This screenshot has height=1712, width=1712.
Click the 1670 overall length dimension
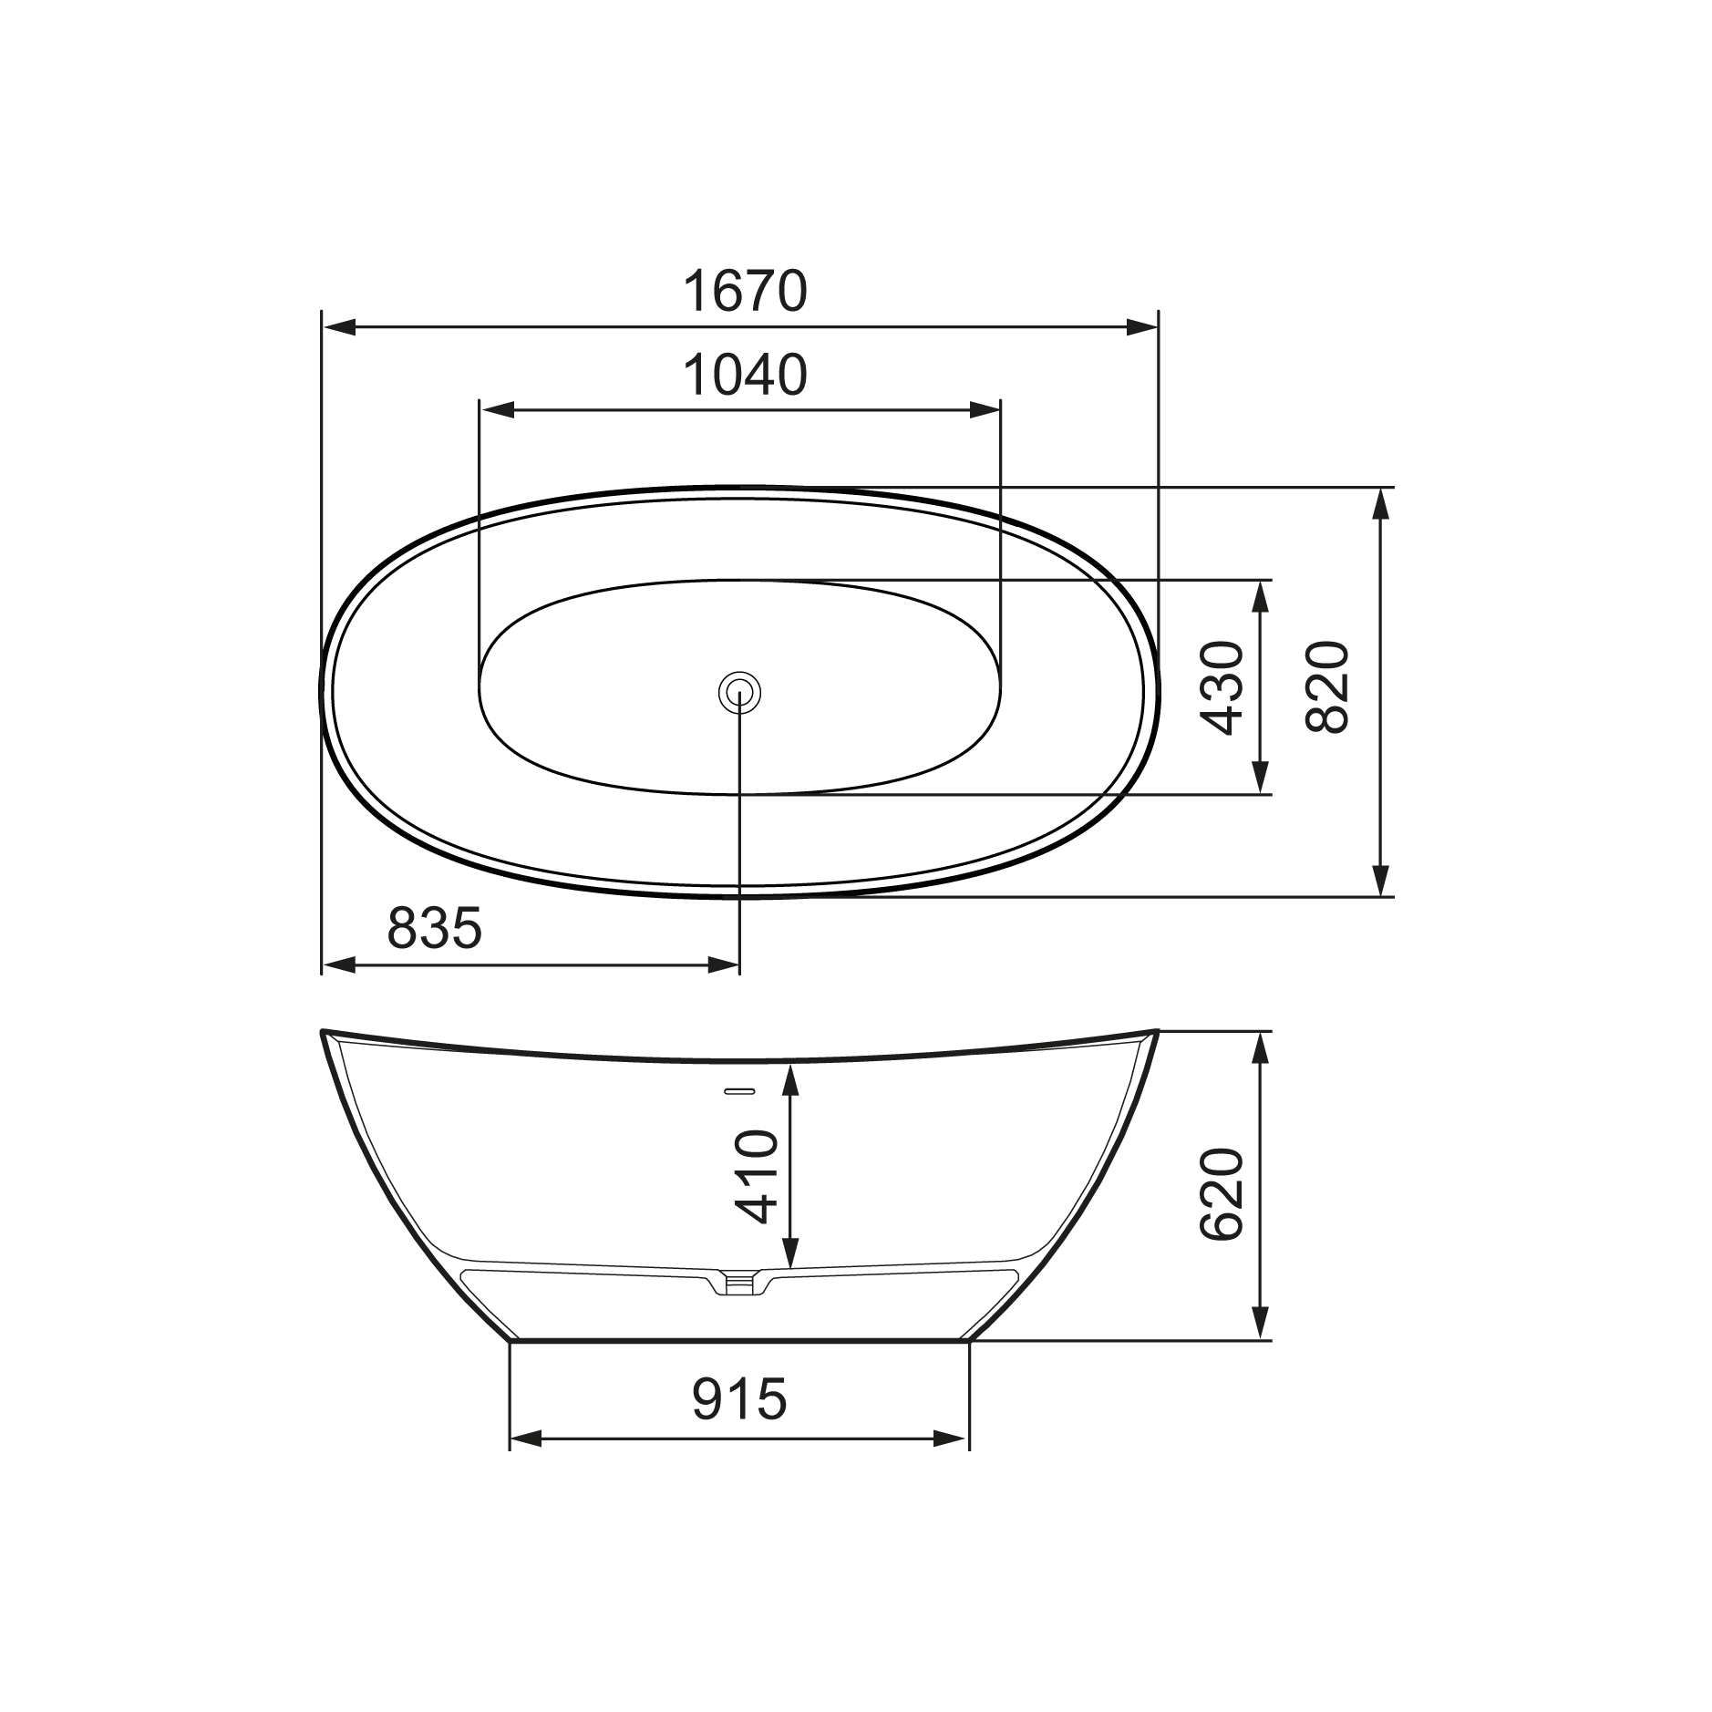pyautogui.click(x=745, y=291)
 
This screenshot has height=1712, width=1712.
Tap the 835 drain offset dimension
pyautogui.click(x=434, y=928)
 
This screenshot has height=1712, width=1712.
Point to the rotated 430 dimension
pyautogui.click(x=1222, y=687)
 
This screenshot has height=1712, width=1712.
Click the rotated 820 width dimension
pyautogui.click(x=1326, y=687)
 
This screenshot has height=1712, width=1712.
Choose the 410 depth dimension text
pyautogui.click(x=757, y=1177)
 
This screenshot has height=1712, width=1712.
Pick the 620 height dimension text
pyautogui.click(x=1222, y=1193)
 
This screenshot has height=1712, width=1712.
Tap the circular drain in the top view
pyautogui.click(x=739, y=693)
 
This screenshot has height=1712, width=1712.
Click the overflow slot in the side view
pyautogui.click(x=738, y=1090)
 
